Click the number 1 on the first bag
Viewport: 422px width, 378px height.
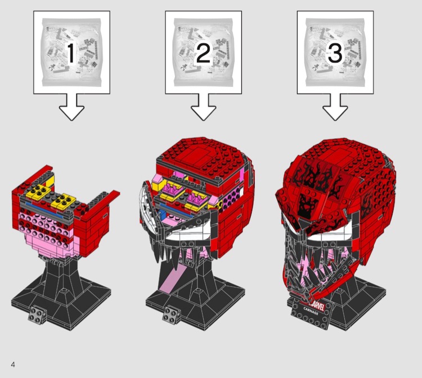coord(71,53)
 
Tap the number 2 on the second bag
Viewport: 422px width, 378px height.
coord(203,53)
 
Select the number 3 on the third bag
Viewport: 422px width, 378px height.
coord(335,53)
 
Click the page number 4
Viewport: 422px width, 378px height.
coord(13,365)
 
